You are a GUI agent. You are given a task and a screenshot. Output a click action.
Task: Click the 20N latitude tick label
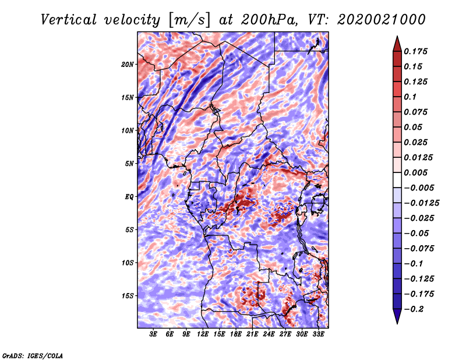[128, 64]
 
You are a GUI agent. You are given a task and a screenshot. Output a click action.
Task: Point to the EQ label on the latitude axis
[129, 197]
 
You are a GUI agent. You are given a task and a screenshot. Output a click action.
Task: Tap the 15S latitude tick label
[128, 296]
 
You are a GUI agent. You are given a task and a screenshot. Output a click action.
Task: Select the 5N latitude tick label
[129, 164]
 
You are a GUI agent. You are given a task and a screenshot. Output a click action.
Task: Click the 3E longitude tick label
[154, 334]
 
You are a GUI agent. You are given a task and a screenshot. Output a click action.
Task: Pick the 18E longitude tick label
[236, 334]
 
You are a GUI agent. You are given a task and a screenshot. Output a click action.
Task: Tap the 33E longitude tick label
[319, 334]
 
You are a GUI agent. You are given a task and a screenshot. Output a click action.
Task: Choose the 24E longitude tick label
[269, 334]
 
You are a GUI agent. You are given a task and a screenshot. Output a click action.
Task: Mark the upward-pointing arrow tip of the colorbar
[397, 38]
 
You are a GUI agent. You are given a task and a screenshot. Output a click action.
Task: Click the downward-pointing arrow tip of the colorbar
[397, 322]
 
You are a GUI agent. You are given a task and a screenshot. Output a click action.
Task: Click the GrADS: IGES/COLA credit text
[33, 355]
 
